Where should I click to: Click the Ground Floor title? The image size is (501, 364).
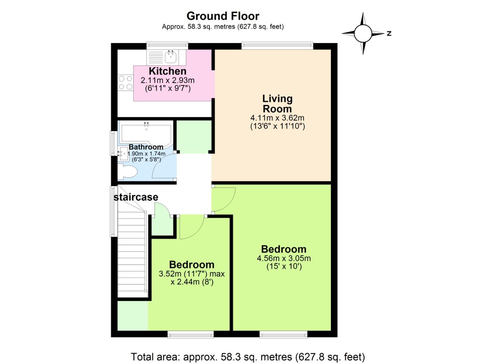(223, 16)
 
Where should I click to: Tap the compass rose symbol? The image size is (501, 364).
(363, 33)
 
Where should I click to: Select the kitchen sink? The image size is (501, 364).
(171, 57)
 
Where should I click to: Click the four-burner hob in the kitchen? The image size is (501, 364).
(126, 83)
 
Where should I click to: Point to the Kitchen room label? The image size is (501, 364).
(167, 71)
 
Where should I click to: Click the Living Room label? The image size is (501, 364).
(277, 103)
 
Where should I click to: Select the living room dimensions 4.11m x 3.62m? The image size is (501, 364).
(277, 118)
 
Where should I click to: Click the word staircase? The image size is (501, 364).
(136, 197)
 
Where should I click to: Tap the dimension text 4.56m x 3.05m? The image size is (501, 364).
(284, 259)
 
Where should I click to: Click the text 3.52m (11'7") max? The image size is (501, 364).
(192, 274)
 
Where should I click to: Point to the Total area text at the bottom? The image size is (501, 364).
(248, 357)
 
